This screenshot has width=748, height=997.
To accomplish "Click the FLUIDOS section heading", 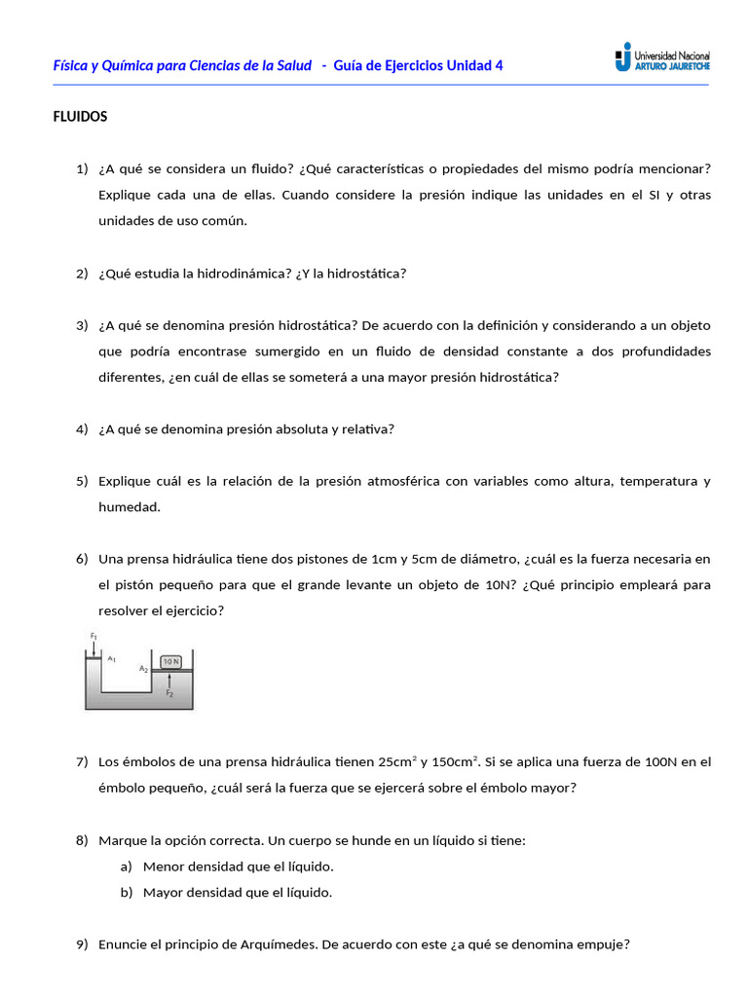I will pyautogui.click(x=80, y=117).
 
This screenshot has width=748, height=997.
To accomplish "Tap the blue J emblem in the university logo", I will pyautogui.click(x=622, y=57).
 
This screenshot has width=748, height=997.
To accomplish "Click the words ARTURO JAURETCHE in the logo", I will pyautogui.click(x=671, y=66).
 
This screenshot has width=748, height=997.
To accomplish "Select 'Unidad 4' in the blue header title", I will pyautogui.click(x=474, y=65).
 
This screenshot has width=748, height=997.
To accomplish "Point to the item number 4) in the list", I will pyautogui.click(x=82, y=429).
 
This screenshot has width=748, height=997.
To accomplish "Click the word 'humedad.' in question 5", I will pyautogui.click(x=129, y=507).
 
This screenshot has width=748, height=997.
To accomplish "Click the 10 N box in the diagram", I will pyautogui.click(x=170, y=661).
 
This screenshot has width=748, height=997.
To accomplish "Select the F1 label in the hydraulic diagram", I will pyautogui.click(x=93, y=637).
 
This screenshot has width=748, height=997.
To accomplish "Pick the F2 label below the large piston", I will pyautogui.click(x=169, y=694).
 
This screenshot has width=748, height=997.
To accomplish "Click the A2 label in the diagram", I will pyautogui.click(x=143, y=669).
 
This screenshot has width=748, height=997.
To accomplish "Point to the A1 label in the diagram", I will pyautogui.click(x=112, y=659).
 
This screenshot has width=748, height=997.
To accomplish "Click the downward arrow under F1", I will pyautogui.click(x=93, y=648).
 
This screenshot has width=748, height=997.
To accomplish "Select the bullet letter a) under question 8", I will pyautogui.click(x=126, y=867).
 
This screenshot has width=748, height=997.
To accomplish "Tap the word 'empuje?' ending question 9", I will pyautogui.click(x=606, y=944).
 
